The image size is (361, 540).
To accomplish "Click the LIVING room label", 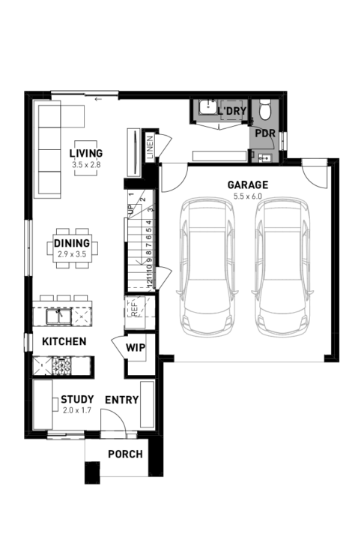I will [x=85, y=153].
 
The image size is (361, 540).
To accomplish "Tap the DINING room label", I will [x=72, y=243].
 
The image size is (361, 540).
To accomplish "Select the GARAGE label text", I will [x=247, y=185].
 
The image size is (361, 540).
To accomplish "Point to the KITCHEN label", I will [x=64, y=341].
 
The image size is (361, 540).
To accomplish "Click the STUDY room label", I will [x=76, y=399].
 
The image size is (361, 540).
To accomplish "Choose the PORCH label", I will [x=125, y=454].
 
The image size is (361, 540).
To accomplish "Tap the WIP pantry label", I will [x=136, y=347].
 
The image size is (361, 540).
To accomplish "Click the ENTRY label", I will [x=121, y=400].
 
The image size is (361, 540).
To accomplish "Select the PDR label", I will [x=264, y=133].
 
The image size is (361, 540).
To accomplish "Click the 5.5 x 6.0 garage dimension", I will [x=247, y=196].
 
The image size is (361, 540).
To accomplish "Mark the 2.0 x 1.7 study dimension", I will [x=76, y=410].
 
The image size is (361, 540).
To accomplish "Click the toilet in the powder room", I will [x=264, y=111].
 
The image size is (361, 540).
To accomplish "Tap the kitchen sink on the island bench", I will [x=57, y=316].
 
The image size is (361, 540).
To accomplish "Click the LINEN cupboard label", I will [x=151, y=145].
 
